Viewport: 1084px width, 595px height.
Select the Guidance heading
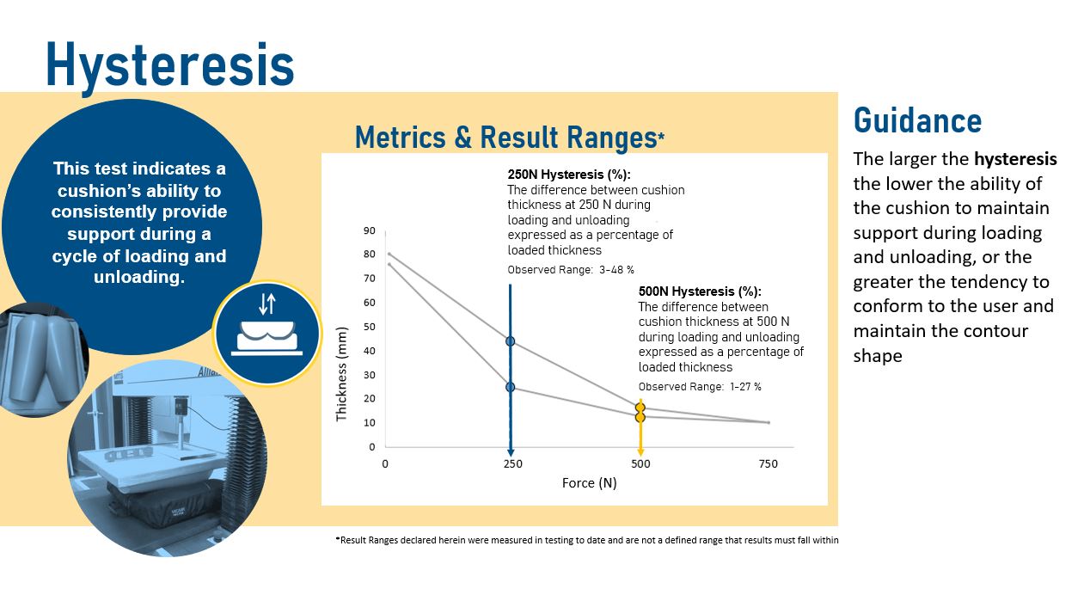[917, 120]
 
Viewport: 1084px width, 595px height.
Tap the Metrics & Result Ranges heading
[510, 137]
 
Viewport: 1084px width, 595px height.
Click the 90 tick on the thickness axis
[370, 231]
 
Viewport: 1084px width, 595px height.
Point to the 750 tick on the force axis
[768, 463]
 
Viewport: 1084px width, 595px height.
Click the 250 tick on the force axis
[513, 463]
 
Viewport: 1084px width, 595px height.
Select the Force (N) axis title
[590, 482]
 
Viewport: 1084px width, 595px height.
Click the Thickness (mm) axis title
[341, 374]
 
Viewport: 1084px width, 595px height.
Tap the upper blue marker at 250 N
[510, 341]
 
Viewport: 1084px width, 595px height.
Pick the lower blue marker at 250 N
[510, 387]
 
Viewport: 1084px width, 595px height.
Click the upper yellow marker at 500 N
[640, 408]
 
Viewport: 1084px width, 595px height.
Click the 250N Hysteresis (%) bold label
[569, 175]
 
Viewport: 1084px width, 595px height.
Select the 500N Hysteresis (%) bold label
[700, 291]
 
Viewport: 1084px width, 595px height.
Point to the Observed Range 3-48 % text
[571, 270]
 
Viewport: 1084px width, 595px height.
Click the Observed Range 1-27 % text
[700, 387]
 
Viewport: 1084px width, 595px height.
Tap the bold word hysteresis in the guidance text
[1015, 159]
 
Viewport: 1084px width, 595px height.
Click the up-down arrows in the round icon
[267, 304]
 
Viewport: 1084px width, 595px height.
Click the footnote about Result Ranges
[587, 540]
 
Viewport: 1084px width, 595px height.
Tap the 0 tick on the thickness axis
[371, 447]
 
